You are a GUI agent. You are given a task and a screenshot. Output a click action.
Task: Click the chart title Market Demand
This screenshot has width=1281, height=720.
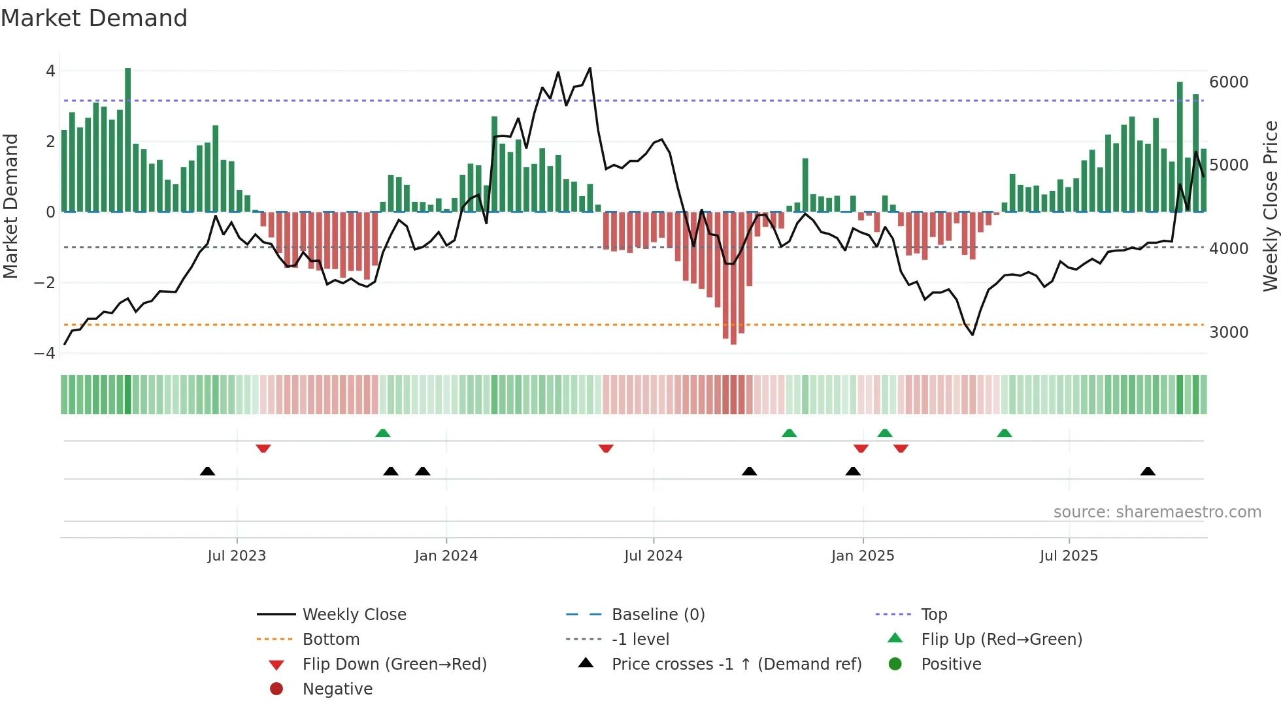coord(94,18)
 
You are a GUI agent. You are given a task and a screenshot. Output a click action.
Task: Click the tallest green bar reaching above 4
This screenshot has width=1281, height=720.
coord(128,139)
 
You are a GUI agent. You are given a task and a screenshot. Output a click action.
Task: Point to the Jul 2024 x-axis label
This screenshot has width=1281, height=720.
coord(653,556)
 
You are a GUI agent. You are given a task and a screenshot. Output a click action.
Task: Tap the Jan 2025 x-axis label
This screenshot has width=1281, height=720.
coord(863,556)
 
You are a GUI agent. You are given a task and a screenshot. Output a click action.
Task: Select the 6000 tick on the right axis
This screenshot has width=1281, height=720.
coord(1229,82)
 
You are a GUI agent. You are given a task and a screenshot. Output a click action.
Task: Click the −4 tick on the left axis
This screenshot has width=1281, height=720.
coord(45,353)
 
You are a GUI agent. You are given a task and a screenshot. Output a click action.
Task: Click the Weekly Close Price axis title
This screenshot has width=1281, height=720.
coord(1270,206)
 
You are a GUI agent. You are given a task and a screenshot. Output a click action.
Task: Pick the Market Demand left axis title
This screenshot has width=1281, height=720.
coord(10,206)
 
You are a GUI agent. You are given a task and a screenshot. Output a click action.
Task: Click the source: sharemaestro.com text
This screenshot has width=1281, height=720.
coord(1157,512)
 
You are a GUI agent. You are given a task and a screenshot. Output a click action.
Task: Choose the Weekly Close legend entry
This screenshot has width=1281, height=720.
coord(354,615)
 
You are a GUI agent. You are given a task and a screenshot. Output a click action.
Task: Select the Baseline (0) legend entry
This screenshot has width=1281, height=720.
coord(657,615)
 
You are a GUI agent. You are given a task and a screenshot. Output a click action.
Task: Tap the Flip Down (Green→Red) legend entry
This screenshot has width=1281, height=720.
coord(394,664)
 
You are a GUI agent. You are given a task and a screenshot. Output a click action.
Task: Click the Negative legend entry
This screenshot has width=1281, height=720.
coord(337,689)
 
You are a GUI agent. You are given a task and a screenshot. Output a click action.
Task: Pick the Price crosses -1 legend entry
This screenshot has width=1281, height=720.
coord(736,664)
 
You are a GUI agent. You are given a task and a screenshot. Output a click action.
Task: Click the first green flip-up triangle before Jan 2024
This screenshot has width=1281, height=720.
coord(383,433)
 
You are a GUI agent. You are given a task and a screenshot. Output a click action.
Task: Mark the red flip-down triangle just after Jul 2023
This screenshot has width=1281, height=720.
coord(263,448)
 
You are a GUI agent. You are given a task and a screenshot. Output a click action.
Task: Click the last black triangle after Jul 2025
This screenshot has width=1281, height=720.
coord(1148,471)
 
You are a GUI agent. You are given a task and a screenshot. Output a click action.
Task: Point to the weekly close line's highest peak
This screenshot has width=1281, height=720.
coord(590,68)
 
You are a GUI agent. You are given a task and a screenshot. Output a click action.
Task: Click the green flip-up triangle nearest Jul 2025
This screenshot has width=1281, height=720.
coord(1005,433)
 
